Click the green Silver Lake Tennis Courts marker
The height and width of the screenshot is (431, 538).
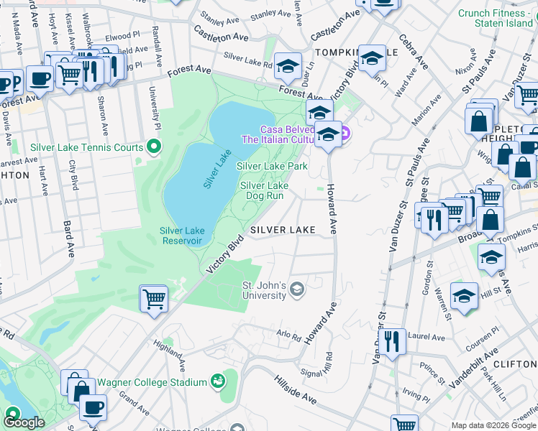(153, 147)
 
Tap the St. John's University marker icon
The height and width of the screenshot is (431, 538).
(296, 290)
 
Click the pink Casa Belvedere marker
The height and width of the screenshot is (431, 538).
(345, 133)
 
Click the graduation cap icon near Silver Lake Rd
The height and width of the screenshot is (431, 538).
(288, 66)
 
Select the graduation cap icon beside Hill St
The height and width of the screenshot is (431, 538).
(465, 295)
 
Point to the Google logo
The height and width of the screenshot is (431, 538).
(24, 422)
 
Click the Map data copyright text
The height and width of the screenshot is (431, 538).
(493, 425)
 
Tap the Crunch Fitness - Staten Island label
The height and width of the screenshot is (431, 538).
(496, 19)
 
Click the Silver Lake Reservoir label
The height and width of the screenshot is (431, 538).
(182, 236)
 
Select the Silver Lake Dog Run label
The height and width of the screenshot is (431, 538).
(264, 190)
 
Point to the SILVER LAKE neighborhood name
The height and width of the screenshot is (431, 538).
(283, 230)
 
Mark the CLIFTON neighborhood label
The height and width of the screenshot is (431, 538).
(517, 363)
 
